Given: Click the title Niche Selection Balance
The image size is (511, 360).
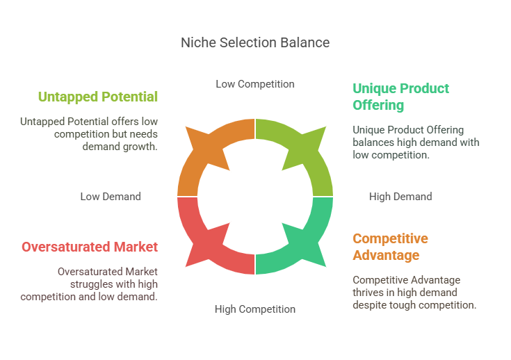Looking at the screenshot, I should click(x=255, y=42).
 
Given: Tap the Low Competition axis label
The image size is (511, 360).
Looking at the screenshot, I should click(x=254, y=84).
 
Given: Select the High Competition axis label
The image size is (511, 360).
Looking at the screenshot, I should click(x=254, y=309).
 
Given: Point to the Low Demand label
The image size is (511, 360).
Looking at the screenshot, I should click(x=111, y=197).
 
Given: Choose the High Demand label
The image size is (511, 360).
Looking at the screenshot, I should click(x=400, y=197).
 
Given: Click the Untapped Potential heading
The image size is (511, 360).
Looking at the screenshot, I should click(x=98, y=97).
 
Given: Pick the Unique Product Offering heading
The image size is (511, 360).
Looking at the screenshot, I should click(x=400, y=97).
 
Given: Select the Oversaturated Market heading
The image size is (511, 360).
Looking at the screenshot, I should click(x=90, y=247).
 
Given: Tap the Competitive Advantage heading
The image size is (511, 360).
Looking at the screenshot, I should click(x=390, y=247).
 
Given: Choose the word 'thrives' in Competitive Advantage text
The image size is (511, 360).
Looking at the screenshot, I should click(x=369, y=293).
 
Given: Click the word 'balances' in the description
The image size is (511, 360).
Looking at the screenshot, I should click(x=375, y=142).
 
